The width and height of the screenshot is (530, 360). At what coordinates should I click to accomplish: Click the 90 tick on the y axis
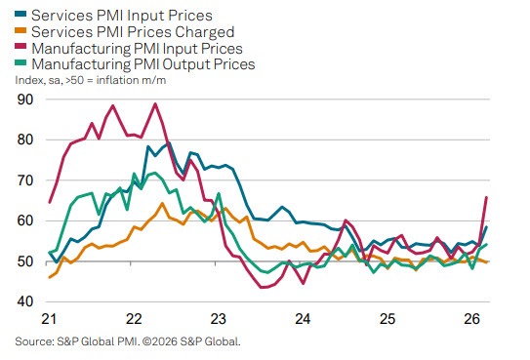coord(25,100)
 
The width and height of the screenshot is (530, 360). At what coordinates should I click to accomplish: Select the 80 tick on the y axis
coord(25,140)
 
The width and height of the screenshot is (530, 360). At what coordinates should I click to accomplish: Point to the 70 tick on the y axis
coord(25,180)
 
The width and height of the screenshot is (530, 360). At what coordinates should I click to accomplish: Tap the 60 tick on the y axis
coord(25,221)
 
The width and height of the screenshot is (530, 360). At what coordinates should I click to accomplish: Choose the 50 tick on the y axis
coord(25,261)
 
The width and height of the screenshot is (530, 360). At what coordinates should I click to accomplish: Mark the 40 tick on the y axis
coord(25,302)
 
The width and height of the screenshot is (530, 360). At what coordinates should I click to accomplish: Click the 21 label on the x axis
coord(50,319)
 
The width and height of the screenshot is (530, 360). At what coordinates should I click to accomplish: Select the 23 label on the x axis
coord(218,319)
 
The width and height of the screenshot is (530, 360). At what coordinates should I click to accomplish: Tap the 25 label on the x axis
coord(387,319)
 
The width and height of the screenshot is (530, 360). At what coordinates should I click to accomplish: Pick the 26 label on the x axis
coord(471,319)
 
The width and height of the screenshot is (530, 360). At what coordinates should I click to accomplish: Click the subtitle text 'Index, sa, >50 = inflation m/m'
coord(98,80)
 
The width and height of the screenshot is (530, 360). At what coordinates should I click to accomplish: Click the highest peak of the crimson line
coord(155,104)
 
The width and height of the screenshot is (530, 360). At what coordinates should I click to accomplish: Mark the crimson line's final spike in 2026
coord(487,198)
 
